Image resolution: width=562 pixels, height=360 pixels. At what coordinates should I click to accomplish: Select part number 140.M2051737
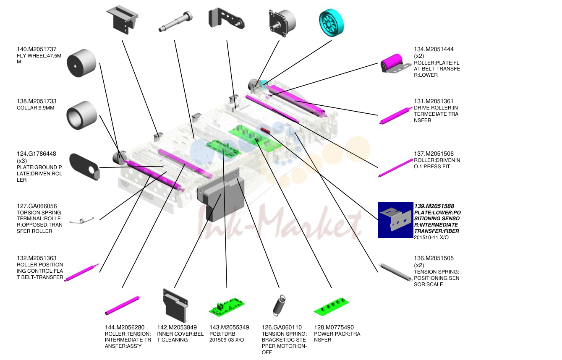[37, 49]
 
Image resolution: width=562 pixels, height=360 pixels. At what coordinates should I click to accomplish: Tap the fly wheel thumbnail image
[81, 63]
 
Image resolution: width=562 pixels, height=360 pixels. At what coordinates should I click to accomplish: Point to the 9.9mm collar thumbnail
[82, 115]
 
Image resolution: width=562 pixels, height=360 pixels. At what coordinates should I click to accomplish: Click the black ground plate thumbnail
[84, 167]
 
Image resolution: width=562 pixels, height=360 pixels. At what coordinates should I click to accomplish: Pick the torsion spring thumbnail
[82, 221]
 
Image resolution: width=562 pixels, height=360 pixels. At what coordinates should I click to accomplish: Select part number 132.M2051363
[37, 258]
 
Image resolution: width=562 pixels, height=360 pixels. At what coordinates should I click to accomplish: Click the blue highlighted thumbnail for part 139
[395, 220]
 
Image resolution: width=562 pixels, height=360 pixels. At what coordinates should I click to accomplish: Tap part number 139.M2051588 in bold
[434, 206]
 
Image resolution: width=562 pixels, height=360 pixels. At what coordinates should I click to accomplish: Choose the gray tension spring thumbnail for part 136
[396, 272]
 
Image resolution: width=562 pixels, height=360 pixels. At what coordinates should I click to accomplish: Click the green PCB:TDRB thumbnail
[227, 307]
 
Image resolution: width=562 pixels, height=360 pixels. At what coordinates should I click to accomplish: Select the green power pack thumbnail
[332, 307]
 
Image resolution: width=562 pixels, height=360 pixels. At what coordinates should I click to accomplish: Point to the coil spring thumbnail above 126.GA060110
[279, 305]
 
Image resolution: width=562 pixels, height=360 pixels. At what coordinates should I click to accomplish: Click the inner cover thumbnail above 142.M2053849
[175, 305]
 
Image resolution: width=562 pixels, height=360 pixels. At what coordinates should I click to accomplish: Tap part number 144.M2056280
[125, 327]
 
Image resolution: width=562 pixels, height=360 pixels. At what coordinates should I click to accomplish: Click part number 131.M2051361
[434, 102]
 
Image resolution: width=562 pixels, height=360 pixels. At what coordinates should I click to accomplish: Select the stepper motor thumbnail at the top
[282, 23]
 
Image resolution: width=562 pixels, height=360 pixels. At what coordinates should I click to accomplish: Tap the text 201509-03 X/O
[227, 340]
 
